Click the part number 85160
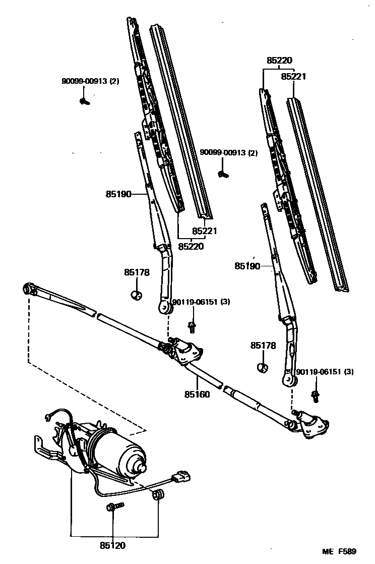pyautogui.click(x=197, y=394)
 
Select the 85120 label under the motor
pyautogui.click(x=112, y=545)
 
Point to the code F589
pyautogui.click(x=352, y=552)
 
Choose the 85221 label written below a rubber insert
pyautogui.click(x=204, y=231)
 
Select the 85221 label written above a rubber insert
pyautogui.click(x=293, y=77)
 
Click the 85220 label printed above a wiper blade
pyautogui.click(x=279, y=61)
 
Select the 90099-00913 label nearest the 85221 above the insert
pyautogui.click(x=229, y=152)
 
